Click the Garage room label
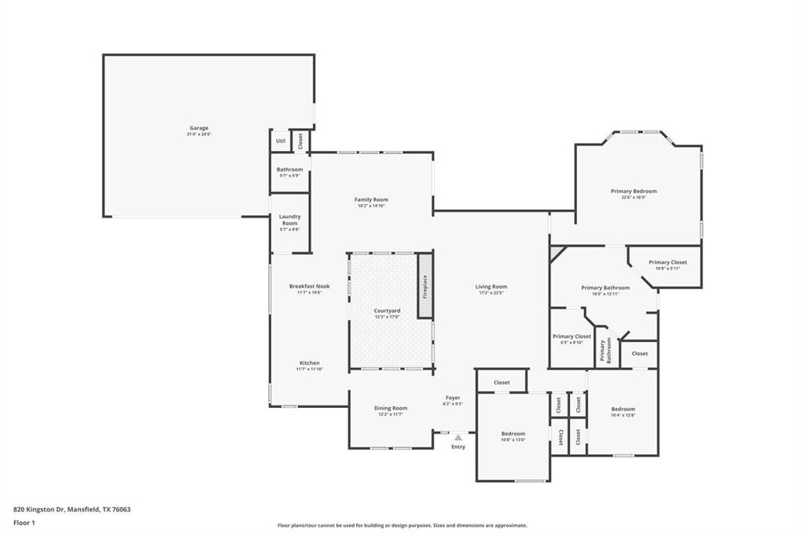[x=198, y=128]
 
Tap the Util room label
[x=280, y=141]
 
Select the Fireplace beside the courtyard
[x=425, y=285]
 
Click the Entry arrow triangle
[x=458, y=437]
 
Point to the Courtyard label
[x=387, y=311]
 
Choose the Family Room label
[x=371, y=200]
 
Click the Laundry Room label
[x=291, y=220]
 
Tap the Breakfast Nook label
[x=309, y=286]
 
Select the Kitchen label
[x=309, y=363]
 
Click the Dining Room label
[x=391, y=408]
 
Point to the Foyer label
[x=453, y=398]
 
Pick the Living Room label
[x=491, y=287]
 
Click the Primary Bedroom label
[x=634, y=191]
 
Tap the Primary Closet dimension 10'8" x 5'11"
[x=667, y=269]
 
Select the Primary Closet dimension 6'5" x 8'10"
[x=572, y=343]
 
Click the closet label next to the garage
[x=300, y=141]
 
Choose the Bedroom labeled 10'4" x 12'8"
[x=623, y=409]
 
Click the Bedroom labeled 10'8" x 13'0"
[x=513, y=434]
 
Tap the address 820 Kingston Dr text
[x=72, y=509]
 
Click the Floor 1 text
[x=26, y=523]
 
